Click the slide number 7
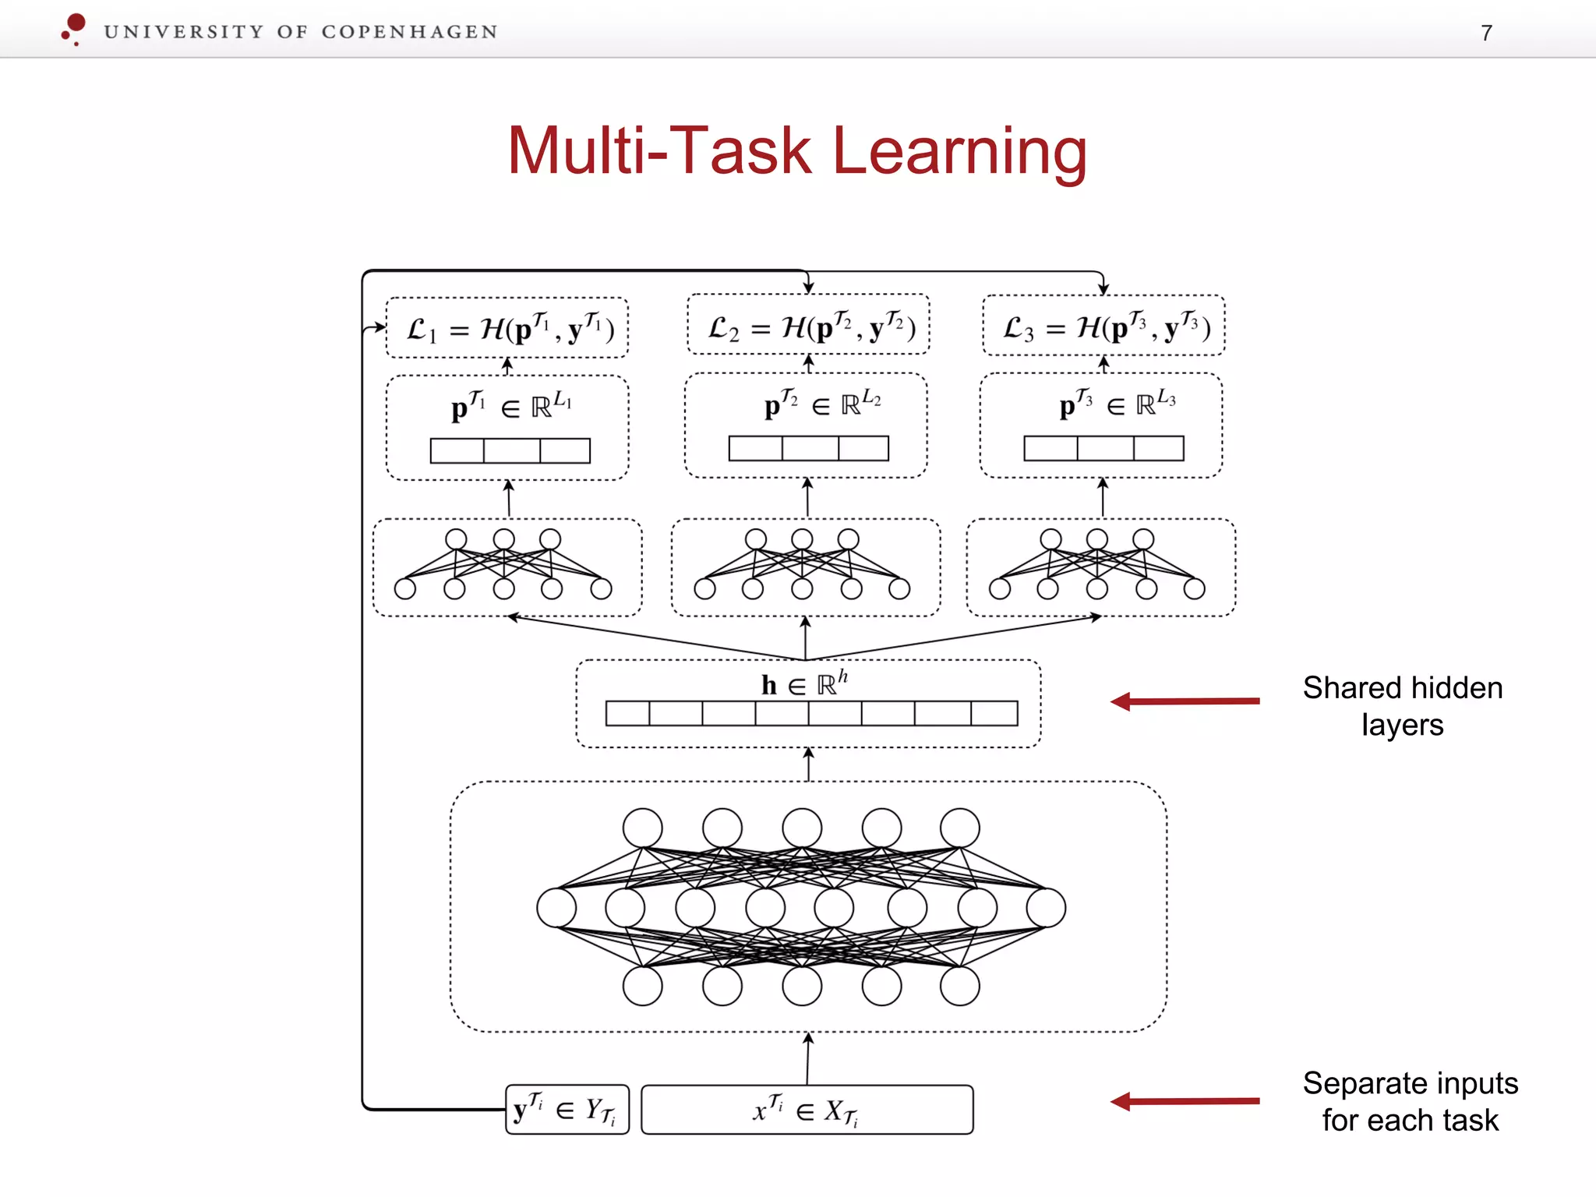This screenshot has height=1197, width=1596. tap(1486, 33)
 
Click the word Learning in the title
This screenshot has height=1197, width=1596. tap(959, 151)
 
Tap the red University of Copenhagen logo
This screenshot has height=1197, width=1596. tap(74, 29)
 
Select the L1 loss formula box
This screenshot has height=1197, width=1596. tap(507, 328)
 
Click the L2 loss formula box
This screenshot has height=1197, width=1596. tap(808, 325)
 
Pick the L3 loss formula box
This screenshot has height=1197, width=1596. tap(1103, 326)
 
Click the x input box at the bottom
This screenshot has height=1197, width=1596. tap(807, 1109)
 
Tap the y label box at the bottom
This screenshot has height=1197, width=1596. tap(567, 1109)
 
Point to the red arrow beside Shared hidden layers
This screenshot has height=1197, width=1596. tap(1185, 701)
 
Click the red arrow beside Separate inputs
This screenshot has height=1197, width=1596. tap(1185, 1101)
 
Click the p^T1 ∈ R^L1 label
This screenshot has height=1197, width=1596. tap(510, 406)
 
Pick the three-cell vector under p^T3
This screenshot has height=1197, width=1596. tap(1103, 448)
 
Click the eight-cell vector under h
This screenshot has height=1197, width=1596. tap(811, 713)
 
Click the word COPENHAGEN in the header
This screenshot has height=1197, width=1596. tap(409, 32)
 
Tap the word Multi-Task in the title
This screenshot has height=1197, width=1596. tap(659, 151)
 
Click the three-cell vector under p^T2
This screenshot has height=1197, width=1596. tap(808, 448)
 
